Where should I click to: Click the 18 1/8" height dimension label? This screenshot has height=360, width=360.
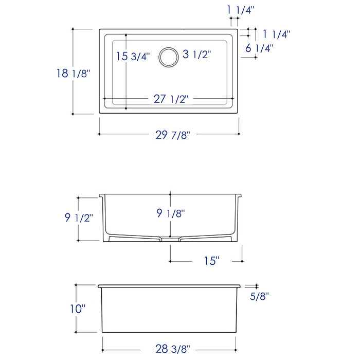[x=73, y=74]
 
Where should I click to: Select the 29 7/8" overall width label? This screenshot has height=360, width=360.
[x=173, y=135]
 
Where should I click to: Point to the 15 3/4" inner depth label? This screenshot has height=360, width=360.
[x=133, y=57]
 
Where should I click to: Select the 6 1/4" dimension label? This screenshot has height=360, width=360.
[x=259, y=49]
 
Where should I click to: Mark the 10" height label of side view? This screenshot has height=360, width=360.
[x=78, y=309]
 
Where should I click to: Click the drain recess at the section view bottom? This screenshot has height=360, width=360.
[x=169, y=239]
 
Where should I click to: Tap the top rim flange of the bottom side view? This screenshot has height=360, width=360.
[x=169, y=285]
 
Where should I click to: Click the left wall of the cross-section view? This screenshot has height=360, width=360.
[x=104, y=216]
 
